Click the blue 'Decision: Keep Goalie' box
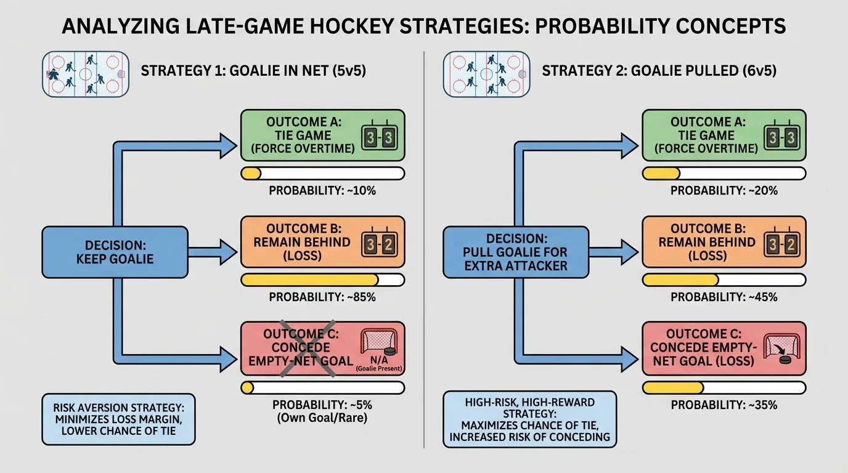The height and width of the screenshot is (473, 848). coord(115,251)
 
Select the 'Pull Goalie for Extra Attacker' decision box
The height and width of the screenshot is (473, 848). coord(516,251)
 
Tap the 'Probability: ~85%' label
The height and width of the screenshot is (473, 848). coord(322,297)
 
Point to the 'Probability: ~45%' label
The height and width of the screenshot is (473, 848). coord(724,297)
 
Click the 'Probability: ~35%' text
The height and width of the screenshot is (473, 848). coord(724,405)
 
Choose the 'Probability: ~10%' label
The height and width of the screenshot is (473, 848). coord(322,191)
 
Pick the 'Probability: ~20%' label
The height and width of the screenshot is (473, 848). coord(724,191)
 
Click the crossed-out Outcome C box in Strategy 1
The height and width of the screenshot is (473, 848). coord(322,348)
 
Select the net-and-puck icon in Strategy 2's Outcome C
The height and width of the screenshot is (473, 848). coord(781,349)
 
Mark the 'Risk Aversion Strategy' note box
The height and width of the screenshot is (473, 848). coord(118,419)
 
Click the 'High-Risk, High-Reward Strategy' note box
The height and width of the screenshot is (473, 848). coord(529,419)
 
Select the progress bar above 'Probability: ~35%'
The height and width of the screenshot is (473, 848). coord(724,387)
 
